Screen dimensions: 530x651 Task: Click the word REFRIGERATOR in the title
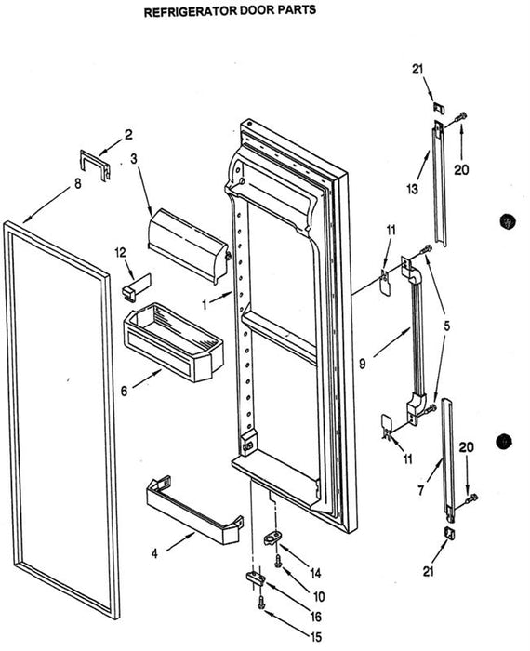(191, 11)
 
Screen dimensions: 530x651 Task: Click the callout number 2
(129, 134)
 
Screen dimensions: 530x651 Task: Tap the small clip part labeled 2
(95, 166)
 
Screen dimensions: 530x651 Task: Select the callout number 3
(134, 159)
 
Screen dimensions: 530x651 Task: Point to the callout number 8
(77, 183)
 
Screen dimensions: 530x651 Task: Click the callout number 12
(120, 252)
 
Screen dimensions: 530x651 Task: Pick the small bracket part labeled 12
(137, 286)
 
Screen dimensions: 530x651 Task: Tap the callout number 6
(124, 391)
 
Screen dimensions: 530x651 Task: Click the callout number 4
(154, 553)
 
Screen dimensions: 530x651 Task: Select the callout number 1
(205, 305)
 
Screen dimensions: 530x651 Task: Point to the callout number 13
(412, 190)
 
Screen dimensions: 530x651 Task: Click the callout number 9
(363, 365)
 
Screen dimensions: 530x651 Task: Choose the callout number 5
(446, 325)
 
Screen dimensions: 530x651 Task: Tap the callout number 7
(422, 490)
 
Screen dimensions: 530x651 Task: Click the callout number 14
(315, 574)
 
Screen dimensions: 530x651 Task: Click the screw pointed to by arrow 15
(261, 604)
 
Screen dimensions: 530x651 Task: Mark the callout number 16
(316, 617)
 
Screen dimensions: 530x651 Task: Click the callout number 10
(319, 597)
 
